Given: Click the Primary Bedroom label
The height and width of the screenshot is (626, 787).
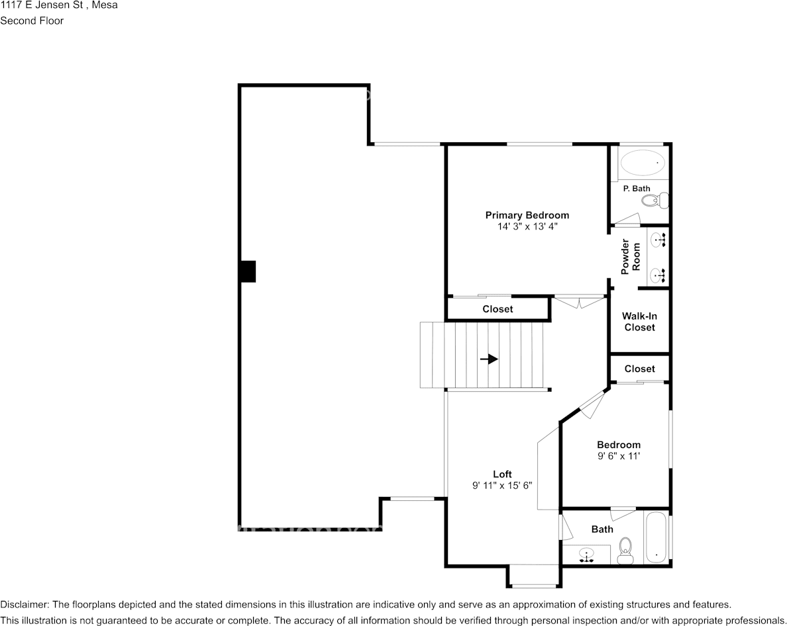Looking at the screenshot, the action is [x=527, y=216].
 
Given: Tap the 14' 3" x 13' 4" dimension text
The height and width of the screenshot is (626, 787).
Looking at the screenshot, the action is [x=527, y=226].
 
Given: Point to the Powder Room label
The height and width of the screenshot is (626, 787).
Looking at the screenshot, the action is [x=631, y=257].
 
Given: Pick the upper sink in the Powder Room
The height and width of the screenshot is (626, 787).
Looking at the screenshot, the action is [x=658, y=241].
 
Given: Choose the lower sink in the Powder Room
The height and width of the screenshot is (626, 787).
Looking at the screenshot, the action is [x=658, y=275].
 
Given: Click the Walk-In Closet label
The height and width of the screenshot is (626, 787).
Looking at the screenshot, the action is [x=639, y=322].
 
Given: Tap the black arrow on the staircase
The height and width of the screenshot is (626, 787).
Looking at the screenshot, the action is [x=489, y=359].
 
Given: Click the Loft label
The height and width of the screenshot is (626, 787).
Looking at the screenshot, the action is [x=502, y=474].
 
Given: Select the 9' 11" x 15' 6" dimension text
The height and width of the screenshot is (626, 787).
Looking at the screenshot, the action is [x=502, y=485].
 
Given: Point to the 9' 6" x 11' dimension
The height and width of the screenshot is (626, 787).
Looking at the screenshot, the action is [x=618, y=456].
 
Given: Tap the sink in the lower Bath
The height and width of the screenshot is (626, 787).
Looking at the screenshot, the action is [x=587, y=555].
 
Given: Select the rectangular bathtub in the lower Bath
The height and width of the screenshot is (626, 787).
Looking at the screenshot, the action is [x=656, y=538].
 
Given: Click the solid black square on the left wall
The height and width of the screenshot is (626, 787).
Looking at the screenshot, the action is [x=248, y=271].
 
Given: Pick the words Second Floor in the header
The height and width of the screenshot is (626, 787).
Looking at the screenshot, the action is [x=32, y=21].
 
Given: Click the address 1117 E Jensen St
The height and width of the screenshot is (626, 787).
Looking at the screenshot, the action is [x=42, y=5].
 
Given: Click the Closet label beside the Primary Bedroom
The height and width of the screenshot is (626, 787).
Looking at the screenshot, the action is [x=498, y=309].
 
